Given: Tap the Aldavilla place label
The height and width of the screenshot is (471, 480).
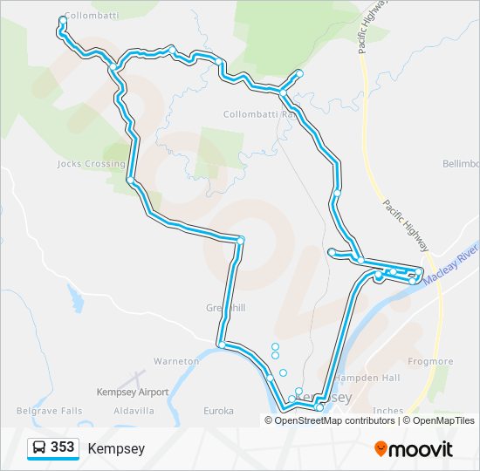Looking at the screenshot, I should click(134, 410).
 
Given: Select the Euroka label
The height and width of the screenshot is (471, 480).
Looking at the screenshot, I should click(218, 410).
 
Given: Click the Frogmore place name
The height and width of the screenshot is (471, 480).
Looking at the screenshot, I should click(430, 361).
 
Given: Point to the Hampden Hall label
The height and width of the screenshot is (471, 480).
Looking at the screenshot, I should click(375, 378).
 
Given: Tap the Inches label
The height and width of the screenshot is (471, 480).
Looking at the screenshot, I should click(387, 410).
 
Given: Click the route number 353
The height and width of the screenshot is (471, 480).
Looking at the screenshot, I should click(62, 447).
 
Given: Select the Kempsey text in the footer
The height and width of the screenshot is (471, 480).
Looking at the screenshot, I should click(116, 449).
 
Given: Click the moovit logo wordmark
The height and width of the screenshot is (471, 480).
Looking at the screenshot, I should click(421, 449).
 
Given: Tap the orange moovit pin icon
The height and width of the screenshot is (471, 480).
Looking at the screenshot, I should click(381, 448).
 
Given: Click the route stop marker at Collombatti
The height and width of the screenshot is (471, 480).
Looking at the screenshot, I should click(62, 19).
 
